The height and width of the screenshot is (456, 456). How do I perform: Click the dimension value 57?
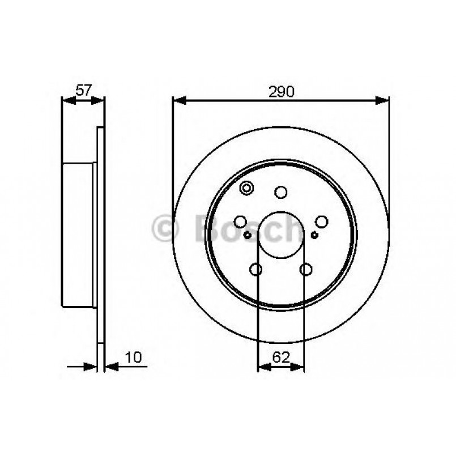pos(83,90)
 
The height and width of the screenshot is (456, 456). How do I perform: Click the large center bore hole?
pos(281,233)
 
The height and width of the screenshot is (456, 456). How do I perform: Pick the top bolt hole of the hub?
pos(281,193)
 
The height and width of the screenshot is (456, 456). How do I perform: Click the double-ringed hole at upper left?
pos(248,188)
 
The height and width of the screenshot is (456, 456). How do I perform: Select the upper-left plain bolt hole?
pos(241,222)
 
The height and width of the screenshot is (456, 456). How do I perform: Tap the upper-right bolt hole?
pos(322,222)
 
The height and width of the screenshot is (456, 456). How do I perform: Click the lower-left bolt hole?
pos(256,270)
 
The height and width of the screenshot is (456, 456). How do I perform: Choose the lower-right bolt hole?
pos(306,270)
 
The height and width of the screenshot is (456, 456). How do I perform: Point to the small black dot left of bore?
pos(248,235)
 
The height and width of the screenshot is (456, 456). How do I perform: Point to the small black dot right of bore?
pos(314,235)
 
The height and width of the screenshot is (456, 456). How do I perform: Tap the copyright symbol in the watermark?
pos(165,229)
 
